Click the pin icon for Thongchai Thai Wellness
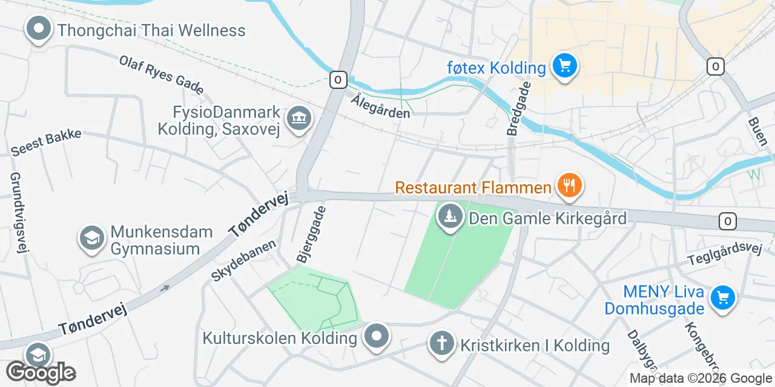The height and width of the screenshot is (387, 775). [x=39, y=29]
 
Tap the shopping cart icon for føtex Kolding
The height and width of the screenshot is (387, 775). [x=564, y=66]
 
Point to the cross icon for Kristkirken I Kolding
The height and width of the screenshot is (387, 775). [x=442, y=344]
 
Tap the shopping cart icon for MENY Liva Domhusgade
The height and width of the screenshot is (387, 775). [x=721, y=298]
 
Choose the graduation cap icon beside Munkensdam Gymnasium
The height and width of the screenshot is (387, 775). [x=92, y=239]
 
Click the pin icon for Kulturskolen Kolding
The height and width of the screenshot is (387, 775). [x=377, y=336]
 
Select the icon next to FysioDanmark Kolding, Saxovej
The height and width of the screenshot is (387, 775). [x=298, y=119]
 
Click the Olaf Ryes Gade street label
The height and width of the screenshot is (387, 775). [x=161, y=75]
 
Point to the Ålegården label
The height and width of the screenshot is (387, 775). [x=380, y=105]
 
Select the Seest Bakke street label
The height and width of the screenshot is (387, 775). [x=46, y=142]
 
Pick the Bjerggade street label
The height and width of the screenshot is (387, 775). [x=311, y=233]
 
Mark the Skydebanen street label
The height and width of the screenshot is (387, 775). [x=243, y=260]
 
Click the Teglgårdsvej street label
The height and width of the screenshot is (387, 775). [x=724, y=255]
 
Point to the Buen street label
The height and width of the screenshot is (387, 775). [x=757, y=134]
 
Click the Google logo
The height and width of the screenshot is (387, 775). [x=41, y=372]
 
